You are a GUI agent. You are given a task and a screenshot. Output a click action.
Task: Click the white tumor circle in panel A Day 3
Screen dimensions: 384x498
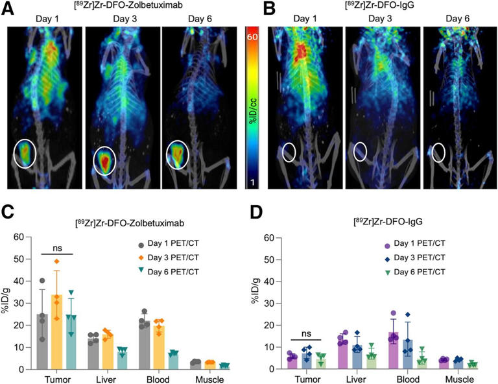pyautogui.click(x=106, y=160)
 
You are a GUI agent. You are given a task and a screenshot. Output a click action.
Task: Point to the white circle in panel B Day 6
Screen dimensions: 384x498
pyautogui.click(x=439, y=152)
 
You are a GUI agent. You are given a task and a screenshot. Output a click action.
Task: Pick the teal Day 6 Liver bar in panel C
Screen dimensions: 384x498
pyautogui.click(x=121, y=359)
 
